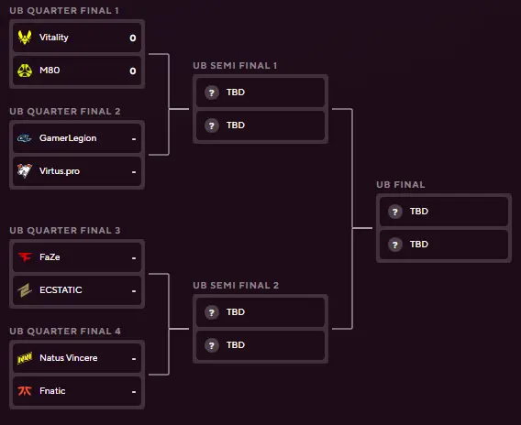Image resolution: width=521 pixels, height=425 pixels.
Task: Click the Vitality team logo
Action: [25, 38]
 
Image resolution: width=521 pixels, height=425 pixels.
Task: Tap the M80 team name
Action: [50, 71]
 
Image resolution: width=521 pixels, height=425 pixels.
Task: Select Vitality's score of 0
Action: [133, 38]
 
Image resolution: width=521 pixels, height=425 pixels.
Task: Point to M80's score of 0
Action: [133, 71]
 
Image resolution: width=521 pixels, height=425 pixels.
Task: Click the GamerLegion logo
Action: [24, 138]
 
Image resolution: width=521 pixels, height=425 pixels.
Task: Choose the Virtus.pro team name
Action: [60, 171]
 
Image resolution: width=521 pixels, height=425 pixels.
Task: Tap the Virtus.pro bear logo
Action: [25, 171]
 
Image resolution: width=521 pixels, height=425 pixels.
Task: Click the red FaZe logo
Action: [25, 256]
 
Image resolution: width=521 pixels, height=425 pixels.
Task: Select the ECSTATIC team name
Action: [61, 290]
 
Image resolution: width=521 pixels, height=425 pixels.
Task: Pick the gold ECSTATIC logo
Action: [25, 290]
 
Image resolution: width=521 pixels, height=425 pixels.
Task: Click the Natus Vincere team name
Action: [69, 357]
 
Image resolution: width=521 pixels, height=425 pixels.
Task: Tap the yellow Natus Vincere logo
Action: [25, 358]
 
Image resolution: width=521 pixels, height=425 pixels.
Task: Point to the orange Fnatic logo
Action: [25, 391]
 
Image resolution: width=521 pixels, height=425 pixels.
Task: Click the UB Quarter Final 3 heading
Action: [65, 231]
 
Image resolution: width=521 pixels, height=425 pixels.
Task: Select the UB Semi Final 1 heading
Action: [235, 66]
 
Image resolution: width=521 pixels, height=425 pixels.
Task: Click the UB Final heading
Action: [401, 185]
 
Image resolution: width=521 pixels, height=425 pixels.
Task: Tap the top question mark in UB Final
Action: [395, 212]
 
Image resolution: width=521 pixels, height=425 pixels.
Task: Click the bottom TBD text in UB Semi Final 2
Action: [236, 345]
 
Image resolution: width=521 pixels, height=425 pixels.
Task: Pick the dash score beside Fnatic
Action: [134, 392]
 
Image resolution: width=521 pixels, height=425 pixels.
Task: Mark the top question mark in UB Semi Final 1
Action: [212, 93]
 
